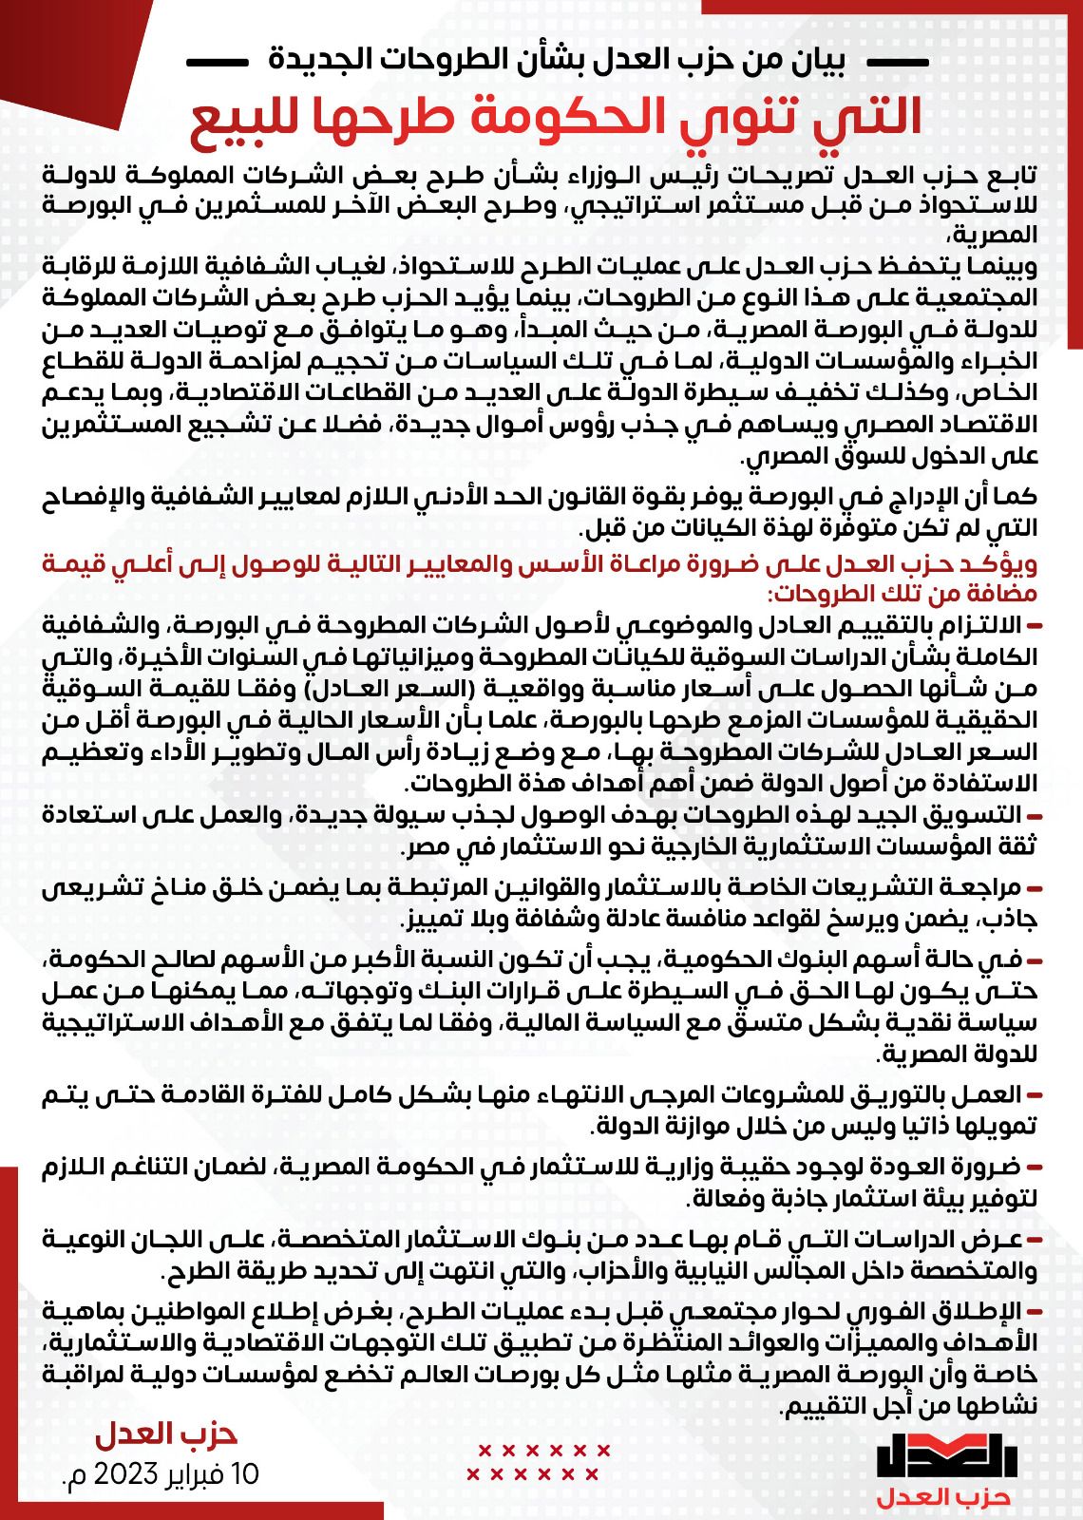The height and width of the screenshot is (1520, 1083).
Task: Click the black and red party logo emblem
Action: click(x=947, y=1456)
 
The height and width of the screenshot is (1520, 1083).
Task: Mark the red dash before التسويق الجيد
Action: click(x=1034, y=815)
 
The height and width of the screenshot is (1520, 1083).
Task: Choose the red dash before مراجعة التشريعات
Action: click(x=1034, y=888)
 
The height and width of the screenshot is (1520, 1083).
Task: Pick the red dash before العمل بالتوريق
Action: click(x=1034, y=1094)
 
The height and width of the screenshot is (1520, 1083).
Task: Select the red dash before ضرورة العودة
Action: click(x=1034, y=1168)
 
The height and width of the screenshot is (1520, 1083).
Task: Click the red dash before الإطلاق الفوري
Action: click(x=1034, y=1314)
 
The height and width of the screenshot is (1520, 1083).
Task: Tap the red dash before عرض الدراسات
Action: click(x=1034, y=1241)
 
